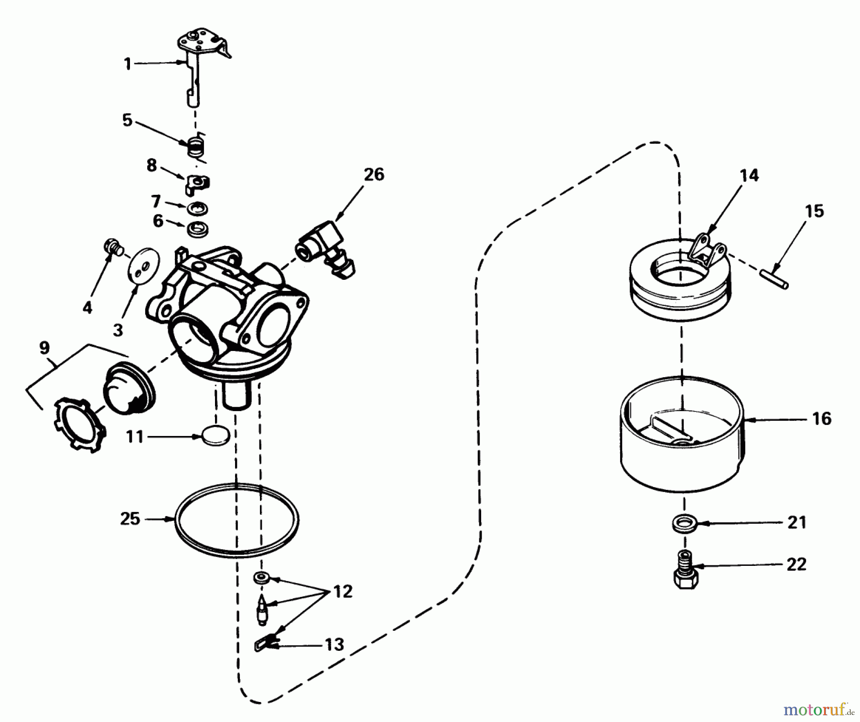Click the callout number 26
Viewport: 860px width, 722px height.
coord(374,175)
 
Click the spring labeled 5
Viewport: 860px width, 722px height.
coord(195,145)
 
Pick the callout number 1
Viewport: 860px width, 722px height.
coord(128,64)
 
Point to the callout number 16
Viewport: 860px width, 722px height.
coord(821,418)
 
